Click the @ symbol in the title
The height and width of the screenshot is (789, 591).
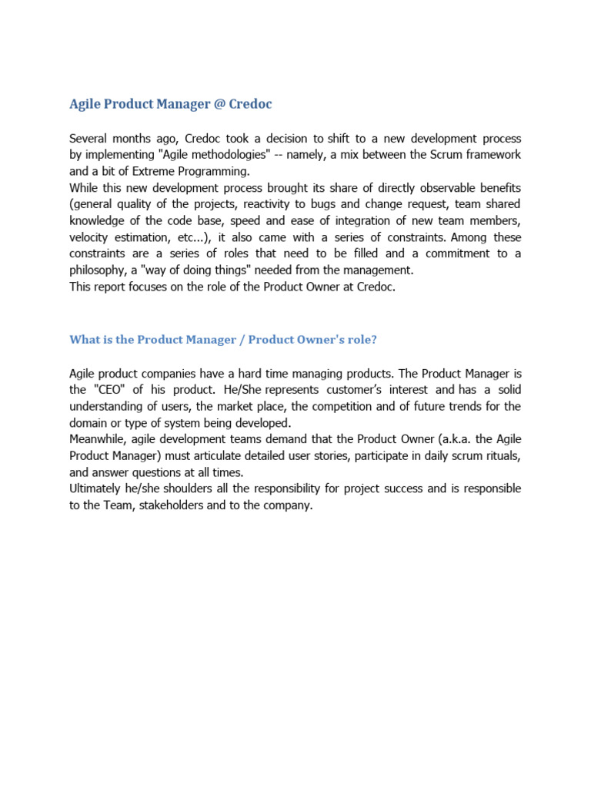[219, 103]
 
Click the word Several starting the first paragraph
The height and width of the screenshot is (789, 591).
[91, 139]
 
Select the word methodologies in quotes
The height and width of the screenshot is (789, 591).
[242, 155]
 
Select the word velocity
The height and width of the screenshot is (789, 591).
[91, 237]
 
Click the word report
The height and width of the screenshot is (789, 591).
[115, 286]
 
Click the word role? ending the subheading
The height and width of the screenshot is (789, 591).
[362, 339]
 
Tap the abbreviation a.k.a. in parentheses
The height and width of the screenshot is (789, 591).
[455, 439]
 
